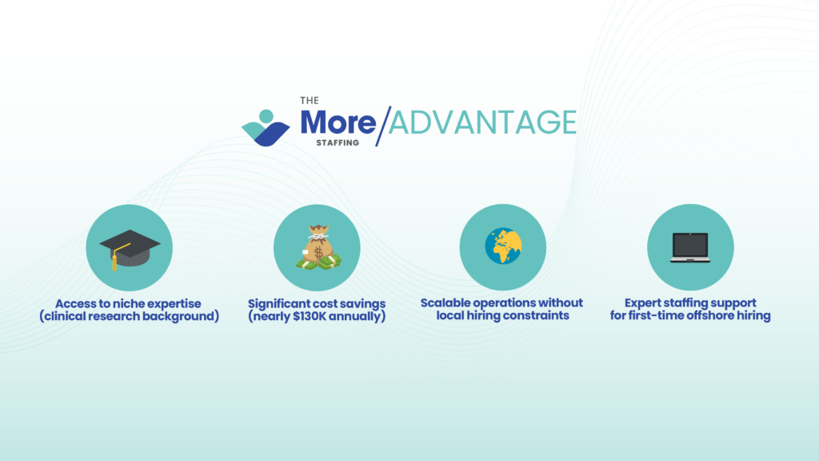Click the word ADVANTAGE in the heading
point(482,122)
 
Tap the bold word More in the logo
point(338,122)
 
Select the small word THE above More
point(310,100)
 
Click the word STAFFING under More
point(338,142)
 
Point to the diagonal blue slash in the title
point(383,126)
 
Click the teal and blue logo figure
point(266,128)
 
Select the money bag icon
point(318,248)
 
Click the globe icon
point(503,246)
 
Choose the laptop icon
point(690,247)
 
